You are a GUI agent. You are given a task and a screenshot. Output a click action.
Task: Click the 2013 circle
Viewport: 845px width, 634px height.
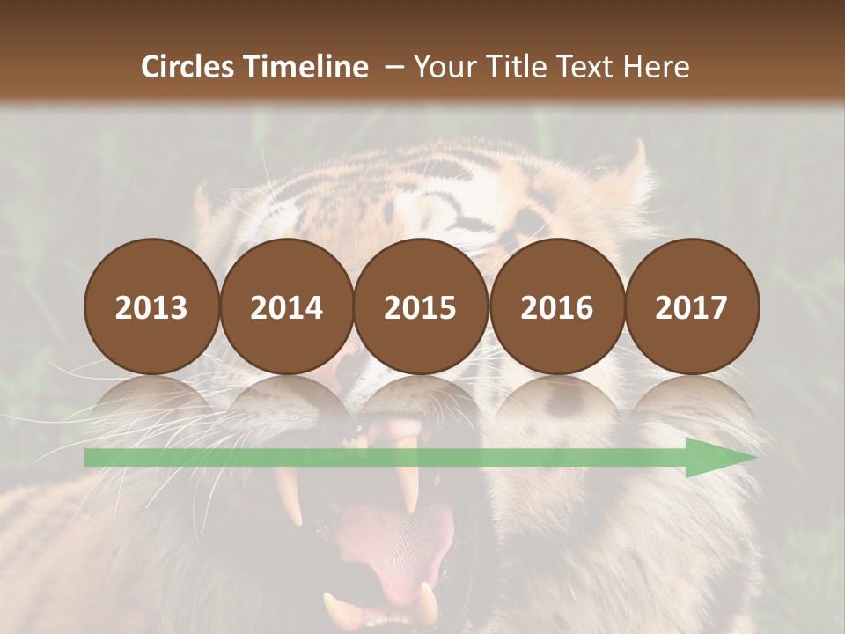point(151,307)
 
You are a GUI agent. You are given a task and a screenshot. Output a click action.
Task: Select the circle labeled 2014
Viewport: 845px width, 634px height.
point(287,307)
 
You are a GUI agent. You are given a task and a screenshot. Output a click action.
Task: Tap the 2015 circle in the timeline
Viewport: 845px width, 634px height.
point(421,307)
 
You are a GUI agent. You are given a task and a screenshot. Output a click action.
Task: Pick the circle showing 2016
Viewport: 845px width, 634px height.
point(556,307)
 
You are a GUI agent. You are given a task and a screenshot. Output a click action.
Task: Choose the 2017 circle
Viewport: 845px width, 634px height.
point(692,307)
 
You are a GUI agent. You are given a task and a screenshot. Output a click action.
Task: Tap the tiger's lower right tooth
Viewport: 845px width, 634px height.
point(427,602)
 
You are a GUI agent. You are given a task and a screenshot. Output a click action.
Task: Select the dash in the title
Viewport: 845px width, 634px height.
point(393,67)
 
